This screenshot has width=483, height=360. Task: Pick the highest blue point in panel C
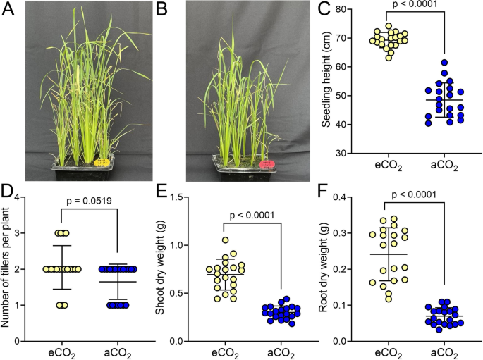445,63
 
